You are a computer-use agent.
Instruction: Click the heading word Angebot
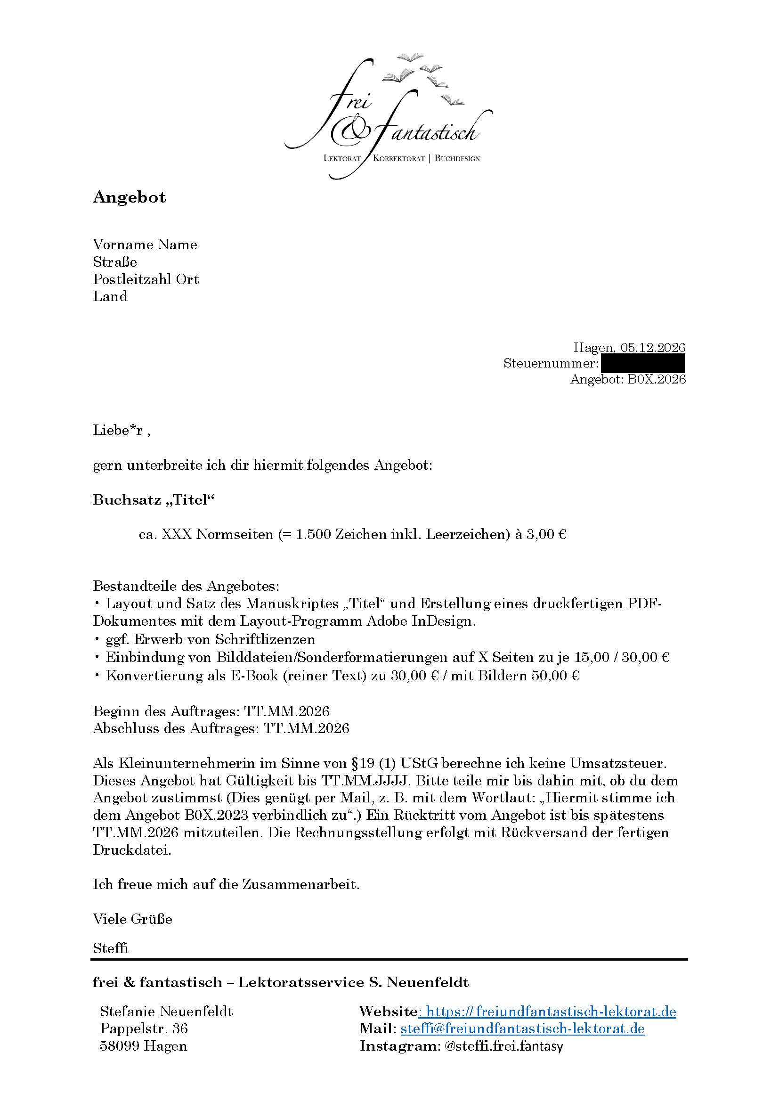[x=129, y=197]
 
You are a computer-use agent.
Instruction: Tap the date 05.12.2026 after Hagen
[x=652, y=347]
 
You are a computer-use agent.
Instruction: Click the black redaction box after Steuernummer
[x=642, y=363]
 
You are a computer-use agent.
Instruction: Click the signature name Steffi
[x=110, y=948]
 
